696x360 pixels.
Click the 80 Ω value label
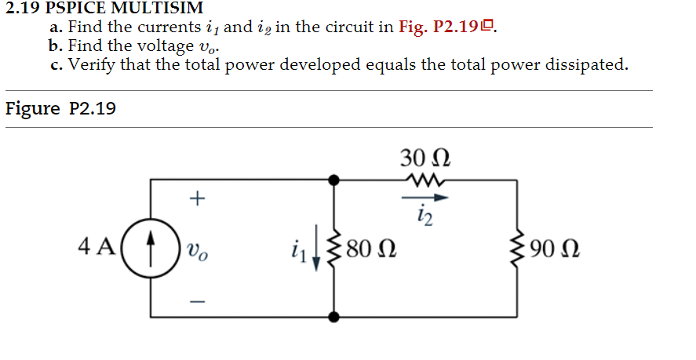point(370,250)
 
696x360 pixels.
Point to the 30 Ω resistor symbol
point(424,180)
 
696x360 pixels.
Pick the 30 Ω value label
point(425,157)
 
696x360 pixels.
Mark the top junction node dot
point(334,180)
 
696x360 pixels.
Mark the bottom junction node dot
point(334,318)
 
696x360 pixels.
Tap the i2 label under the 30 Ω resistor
point(424,213)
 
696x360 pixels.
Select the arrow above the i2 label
point(424,198)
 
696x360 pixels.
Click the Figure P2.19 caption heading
point(60,108)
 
